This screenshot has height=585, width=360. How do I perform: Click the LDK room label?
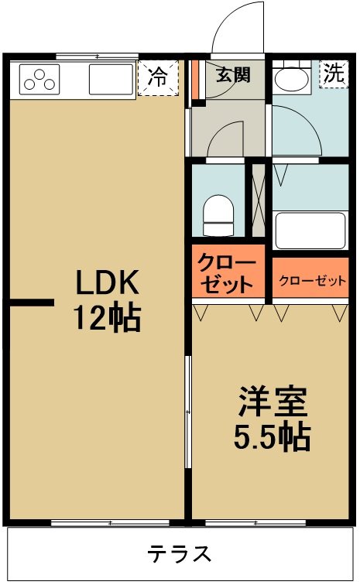tap(106, 284)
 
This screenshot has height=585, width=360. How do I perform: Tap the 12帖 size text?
tap(106, 317)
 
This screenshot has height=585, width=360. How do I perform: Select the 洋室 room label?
tap(273, 403)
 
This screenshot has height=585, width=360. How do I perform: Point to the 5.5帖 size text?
tap(273, 438)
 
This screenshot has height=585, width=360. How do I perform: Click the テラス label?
tap(180, 554)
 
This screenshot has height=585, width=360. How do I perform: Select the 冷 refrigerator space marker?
tap(156, 77)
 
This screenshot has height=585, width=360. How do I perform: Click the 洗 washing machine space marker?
tap(334, 74)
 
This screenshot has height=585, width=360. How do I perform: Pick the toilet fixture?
tap(218, 213)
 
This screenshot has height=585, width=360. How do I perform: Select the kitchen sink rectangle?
tap(111, 79)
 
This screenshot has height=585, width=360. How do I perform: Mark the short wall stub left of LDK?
tap(32, 303)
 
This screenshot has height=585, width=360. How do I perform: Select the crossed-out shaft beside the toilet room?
tap(257, 200)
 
